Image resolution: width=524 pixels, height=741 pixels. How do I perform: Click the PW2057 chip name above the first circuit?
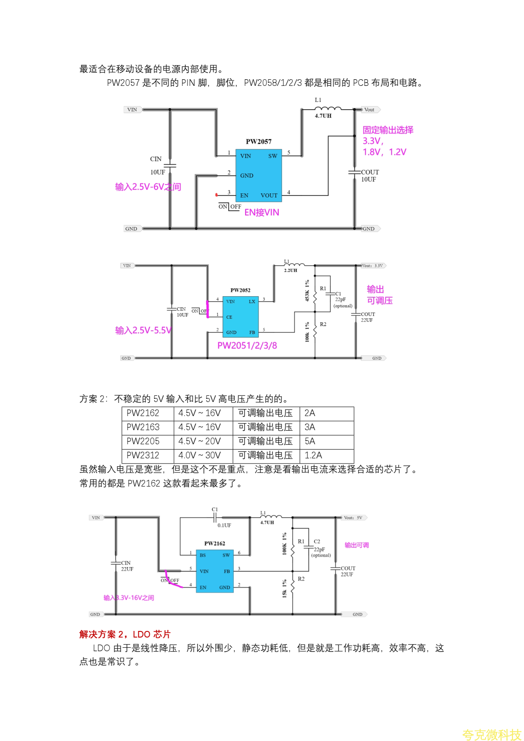point(258,141)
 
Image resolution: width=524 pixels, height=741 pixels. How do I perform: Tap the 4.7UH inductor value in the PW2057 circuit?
point(323,116)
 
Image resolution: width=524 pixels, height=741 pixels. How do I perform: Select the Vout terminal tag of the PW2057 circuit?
point(370,110)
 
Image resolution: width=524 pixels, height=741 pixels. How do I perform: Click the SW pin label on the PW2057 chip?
point(273,156)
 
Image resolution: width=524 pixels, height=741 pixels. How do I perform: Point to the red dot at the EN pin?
point(216,195)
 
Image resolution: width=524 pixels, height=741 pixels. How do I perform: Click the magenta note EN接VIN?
point(262,212)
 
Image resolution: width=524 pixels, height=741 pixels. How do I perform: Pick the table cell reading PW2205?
point(143,441)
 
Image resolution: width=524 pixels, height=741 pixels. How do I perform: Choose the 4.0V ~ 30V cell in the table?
point(199,455)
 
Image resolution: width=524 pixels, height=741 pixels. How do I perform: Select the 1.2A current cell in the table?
point(313,455)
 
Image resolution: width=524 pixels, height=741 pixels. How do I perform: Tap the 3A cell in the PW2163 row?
point(310,427)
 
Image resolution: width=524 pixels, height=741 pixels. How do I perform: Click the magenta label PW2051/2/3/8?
point(247,346)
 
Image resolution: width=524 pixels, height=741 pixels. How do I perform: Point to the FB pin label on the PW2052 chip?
point(252,332)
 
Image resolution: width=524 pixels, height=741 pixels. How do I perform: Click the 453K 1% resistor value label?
point(307,290)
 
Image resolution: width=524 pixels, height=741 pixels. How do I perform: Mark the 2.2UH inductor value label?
point(290,270)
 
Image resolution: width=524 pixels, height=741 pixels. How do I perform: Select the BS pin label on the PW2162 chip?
point(203,555)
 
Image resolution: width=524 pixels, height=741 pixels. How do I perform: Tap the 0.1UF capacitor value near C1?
point(224,525)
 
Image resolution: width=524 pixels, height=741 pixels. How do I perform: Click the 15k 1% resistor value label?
point(284,588)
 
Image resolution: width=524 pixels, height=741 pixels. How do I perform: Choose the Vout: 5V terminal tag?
point(353,518)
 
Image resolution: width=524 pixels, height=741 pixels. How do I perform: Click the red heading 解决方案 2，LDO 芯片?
point(125,634)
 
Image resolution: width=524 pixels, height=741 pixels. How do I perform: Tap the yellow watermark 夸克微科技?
point(491,734)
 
